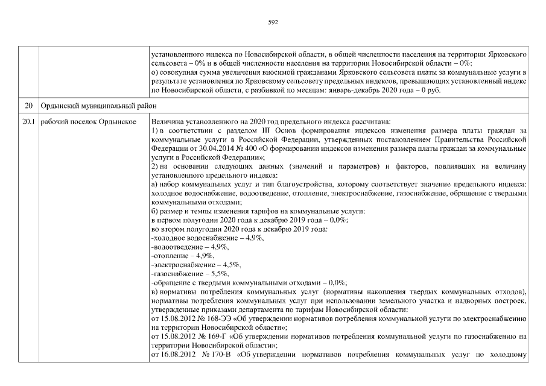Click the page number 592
pos(273,22)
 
